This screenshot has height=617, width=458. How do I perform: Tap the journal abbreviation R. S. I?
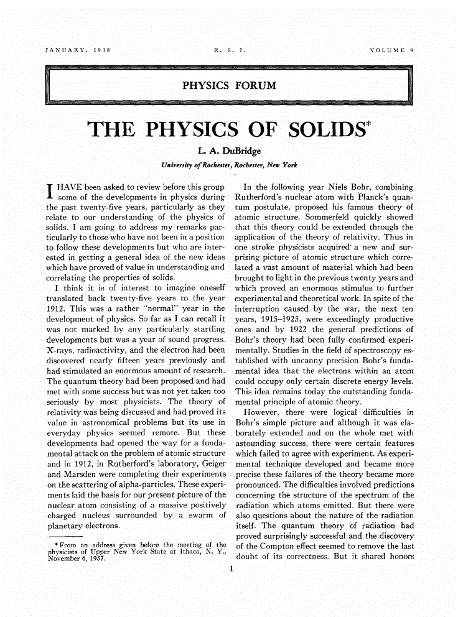229,49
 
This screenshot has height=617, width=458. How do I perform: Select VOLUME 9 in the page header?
391,49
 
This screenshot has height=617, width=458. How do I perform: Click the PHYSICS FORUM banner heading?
229,85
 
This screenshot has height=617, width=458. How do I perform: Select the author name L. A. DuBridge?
229,153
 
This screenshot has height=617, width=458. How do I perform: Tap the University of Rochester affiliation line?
229,165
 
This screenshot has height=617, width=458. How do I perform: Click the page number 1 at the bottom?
230,567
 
